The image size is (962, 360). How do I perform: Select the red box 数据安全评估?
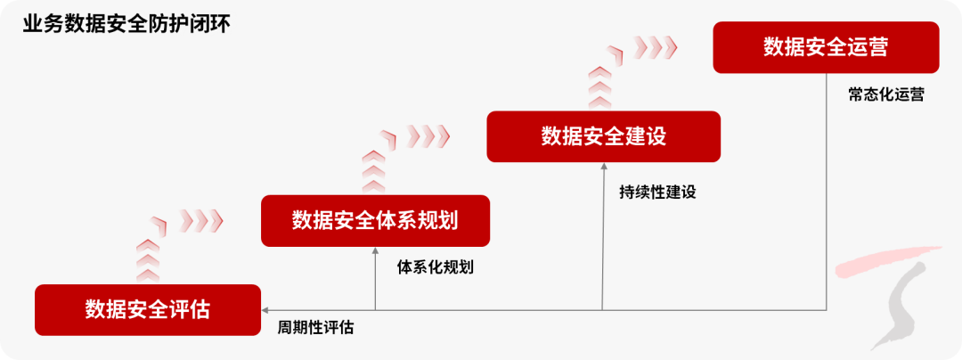point(148,310)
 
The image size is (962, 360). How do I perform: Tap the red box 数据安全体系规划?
point(375,220)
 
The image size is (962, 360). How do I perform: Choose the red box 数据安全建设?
point(603,136)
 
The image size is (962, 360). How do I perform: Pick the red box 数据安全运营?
point(826,47)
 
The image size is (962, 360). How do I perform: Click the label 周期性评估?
point(315,328)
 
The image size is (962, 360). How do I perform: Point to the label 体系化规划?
point(435,266)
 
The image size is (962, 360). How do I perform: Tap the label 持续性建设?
point(657,192)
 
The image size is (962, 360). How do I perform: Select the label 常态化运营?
point(885,94)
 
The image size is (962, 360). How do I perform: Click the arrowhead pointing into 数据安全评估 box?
point(265,310)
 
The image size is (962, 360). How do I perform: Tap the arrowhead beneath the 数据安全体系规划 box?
point(375,251)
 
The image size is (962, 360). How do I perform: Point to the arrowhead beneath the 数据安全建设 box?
point(603,168)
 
